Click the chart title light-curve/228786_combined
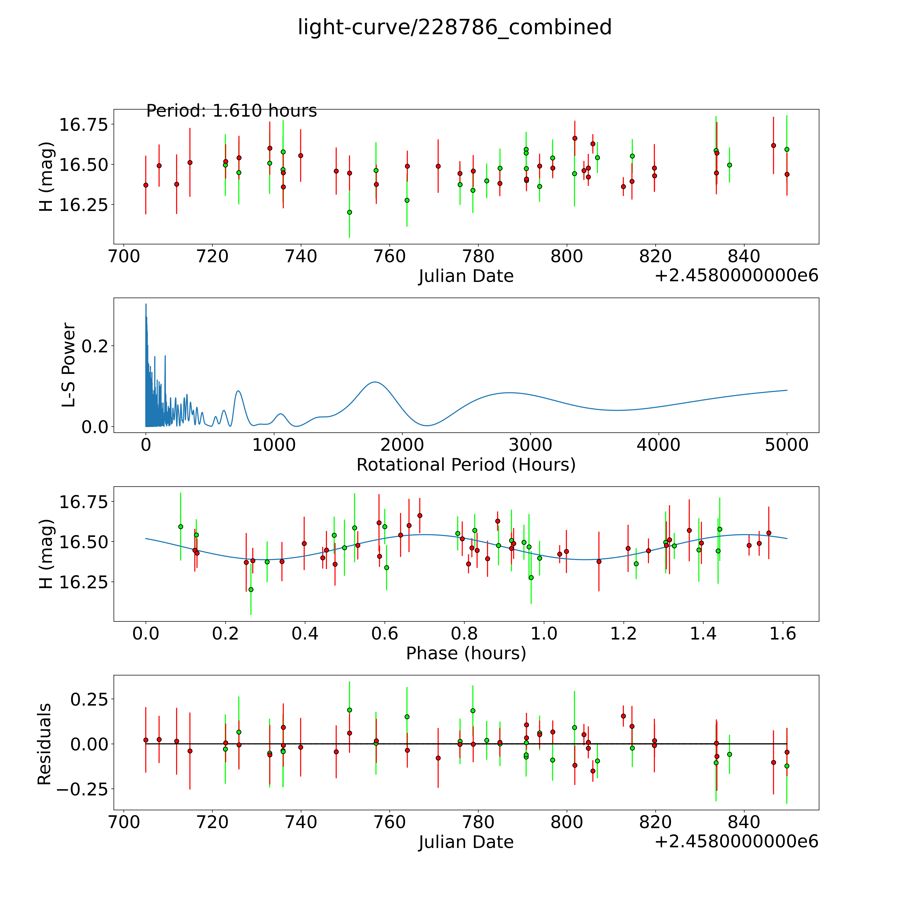[454, 27]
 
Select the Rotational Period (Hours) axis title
[466, 465]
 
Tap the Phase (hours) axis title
[466, 653]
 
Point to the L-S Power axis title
[69, 365]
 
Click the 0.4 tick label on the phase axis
[305, 633]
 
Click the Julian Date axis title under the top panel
[466, 276]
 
